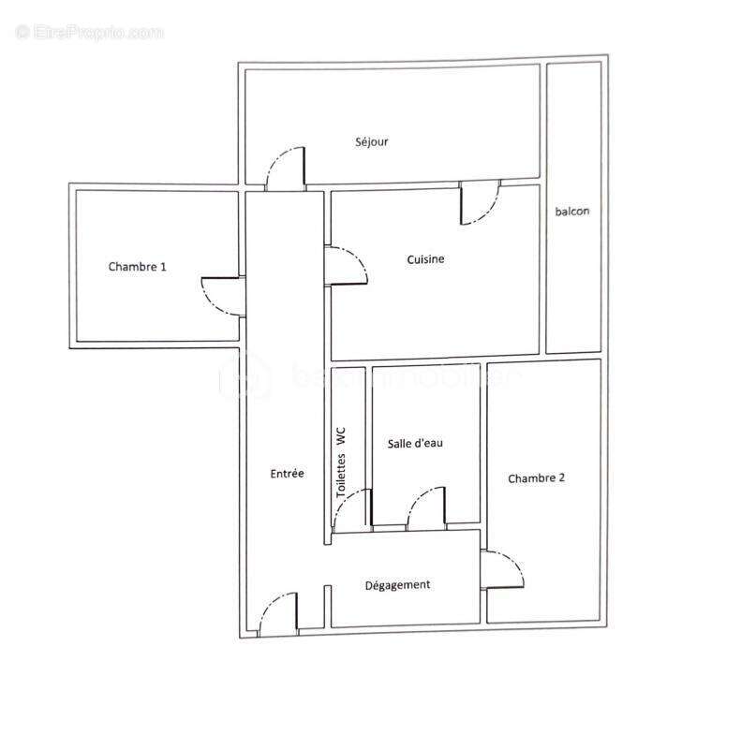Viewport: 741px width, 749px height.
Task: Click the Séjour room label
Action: [372, 142]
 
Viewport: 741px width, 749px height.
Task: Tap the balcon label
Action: [572, 212]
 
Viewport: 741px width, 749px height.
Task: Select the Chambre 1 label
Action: [138, 267]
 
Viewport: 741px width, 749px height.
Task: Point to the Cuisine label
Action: [425, 259]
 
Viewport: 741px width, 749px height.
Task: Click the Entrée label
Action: [287, 474]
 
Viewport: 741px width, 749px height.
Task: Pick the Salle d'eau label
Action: [415, 443]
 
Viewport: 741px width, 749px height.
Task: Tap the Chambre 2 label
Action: [537, 478]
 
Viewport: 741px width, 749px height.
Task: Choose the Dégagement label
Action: [397, 585]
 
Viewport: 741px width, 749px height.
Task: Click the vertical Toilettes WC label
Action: [343, 462]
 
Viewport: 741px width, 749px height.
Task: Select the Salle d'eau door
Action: [425, 507]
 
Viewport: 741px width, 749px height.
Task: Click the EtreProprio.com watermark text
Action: [90, 32]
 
